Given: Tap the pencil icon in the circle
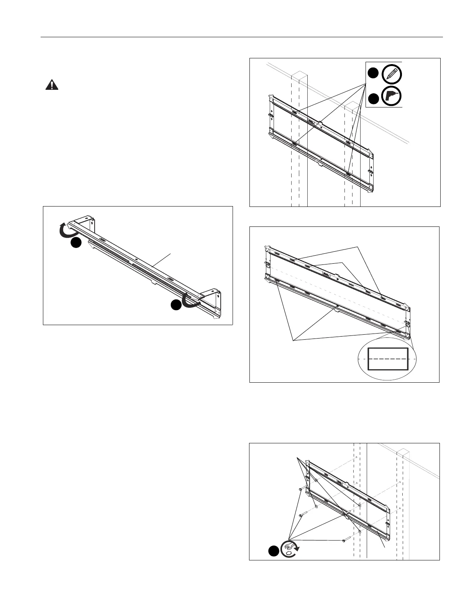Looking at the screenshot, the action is point(392,73).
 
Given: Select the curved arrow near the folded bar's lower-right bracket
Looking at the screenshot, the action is point(190,299).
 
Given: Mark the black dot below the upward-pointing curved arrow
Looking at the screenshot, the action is point(76,243).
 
